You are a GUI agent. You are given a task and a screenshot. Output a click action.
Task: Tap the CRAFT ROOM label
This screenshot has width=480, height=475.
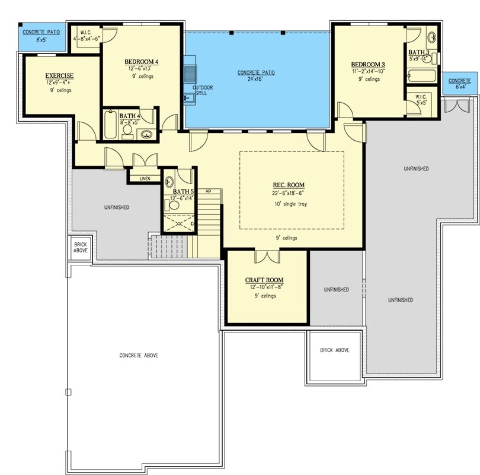point(264,280)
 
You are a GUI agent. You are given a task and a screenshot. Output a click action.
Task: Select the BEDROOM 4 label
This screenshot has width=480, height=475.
point(141,62)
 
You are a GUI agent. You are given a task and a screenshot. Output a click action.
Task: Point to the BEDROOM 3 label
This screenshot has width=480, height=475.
point(368,65)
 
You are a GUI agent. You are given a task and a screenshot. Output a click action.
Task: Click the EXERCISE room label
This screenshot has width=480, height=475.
point(59,75)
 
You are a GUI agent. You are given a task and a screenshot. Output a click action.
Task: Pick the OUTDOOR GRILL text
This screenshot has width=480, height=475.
point(202,90)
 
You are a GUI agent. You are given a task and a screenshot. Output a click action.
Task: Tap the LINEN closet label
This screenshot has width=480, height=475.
point(145,178)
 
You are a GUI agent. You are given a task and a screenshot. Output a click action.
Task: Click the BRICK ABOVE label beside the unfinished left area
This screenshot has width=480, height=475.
point(81,246)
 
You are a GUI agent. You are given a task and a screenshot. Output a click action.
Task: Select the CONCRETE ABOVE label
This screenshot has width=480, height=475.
point(138,355)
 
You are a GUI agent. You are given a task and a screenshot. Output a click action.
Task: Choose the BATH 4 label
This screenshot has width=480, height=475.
point(130,116)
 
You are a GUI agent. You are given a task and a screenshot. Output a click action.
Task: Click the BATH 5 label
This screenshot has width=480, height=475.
point(183,191)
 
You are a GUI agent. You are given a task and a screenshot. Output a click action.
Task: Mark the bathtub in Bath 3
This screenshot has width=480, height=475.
point(421,76)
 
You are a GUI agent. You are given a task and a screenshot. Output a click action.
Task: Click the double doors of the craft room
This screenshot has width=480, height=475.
point(267,256)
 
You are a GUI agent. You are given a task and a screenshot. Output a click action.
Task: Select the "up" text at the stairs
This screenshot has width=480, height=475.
point(209,191)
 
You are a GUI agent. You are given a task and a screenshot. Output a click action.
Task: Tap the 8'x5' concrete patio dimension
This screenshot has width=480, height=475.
point(41,40)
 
